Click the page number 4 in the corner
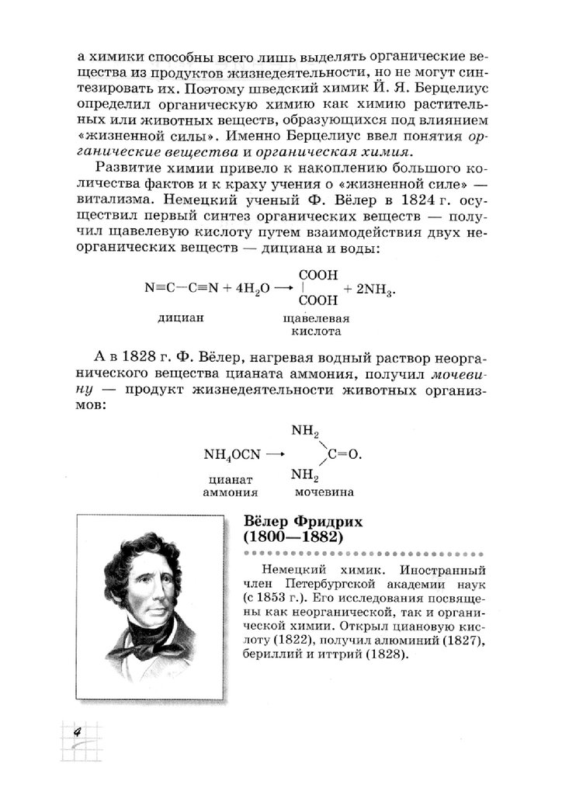point(78,732)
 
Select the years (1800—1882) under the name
point(294,536)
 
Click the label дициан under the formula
point(180,318)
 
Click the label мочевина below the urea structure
point(324,492)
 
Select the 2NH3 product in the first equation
point(375,288)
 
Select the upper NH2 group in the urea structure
point(304,429)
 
